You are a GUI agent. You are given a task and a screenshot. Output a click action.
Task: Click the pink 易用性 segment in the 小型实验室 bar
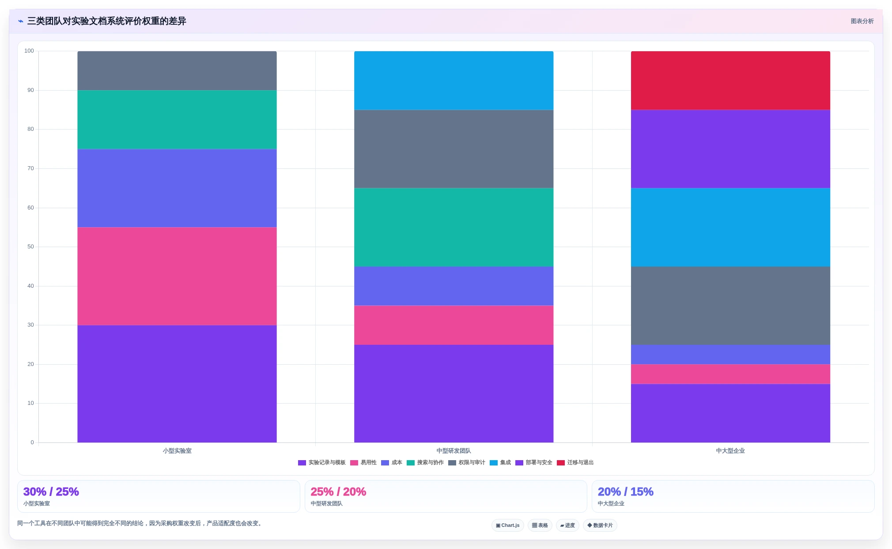[177, 276]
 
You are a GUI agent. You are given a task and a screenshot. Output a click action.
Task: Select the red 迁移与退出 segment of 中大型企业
[730, 80]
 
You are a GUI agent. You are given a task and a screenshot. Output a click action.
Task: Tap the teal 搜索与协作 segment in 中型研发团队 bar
[454, 227]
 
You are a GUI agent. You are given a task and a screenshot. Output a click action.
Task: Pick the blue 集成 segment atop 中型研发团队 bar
[454, 80]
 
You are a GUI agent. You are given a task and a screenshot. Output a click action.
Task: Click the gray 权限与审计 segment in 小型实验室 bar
[177, 71]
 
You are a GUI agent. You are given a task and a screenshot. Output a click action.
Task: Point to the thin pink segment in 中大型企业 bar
[730, 374]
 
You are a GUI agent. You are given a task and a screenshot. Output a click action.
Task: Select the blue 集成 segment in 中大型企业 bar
[730, 227]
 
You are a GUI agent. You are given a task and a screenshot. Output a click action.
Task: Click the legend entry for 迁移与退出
[575, 462]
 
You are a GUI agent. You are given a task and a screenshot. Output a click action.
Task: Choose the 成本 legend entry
[392, 462]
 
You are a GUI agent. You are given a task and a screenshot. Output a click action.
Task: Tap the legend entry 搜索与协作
[425, 462]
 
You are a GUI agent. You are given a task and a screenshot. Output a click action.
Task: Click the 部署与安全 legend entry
[534, 462]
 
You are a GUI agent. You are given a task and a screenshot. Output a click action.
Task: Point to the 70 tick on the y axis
[30, 168]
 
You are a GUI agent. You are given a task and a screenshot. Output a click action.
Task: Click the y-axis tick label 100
[29, 51]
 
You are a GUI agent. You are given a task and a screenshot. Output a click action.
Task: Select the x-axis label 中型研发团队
[454, 451]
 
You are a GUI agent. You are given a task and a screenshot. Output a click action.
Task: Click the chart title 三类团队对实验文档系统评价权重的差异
[107, 21]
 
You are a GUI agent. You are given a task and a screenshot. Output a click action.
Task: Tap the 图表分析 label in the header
[862, 21]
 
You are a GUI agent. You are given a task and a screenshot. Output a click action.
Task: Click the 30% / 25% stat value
[51, 492]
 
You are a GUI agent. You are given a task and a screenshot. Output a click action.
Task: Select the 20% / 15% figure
[625, 492]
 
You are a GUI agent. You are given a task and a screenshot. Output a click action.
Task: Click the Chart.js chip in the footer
[508, 525]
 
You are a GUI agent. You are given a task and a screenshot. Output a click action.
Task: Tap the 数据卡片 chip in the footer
[600, 525]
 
